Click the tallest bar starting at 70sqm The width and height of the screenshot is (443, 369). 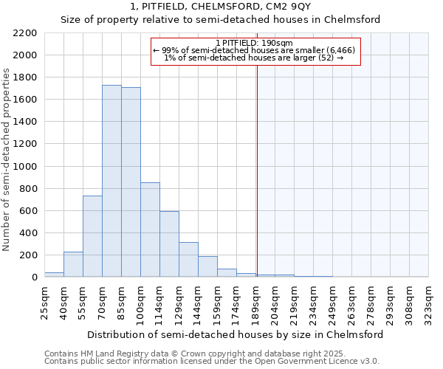click(111, 181)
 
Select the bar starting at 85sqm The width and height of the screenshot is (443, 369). click(131, 182)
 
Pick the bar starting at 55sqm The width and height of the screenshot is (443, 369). click(92, 236)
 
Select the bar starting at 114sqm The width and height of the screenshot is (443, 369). click(169, 244)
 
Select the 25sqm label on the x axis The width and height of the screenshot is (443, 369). click(44, 300)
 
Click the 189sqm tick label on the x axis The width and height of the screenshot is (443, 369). click(255, 302)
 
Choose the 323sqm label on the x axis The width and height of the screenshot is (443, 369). click(428, 302)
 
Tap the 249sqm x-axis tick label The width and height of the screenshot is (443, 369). click(332, 302)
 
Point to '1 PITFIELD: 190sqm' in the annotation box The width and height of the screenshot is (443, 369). click(255, 43)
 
